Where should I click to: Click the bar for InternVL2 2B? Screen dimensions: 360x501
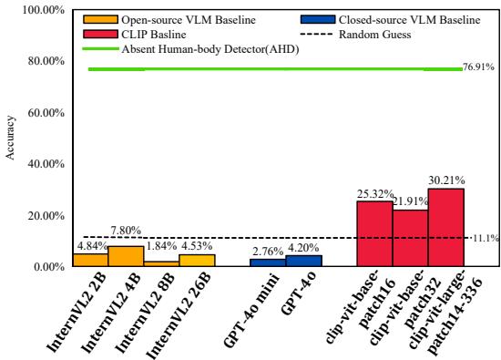pos(90,260)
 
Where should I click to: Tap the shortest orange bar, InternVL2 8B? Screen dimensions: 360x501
pos(161,263)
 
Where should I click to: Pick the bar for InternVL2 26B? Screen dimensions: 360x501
pos(197,260)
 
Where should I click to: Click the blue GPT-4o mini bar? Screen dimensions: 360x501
pos(268,262)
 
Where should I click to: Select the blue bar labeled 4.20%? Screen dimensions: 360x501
pos(303,261)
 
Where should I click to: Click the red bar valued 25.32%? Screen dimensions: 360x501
pos(374,234)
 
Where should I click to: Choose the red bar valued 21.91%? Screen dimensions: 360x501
pos(410,238)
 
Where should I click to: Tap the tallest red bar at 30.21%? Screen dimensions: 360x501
pos(445,228)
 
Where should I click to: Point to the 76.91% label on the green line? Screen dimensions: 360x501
pos(480,67)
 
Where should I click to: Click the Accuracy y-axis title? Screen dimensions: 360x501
pos(10,137)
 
